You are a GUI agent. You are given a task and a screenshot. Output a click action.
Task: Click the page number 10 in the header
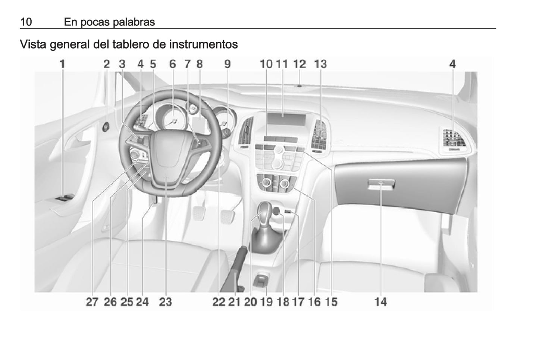coord(26,22)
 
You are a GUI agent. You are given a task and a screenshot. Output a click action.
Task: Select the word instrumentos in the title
coord(204,44)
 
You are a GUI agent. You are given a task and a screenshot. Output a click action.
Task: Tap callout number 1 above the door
coord(62,64)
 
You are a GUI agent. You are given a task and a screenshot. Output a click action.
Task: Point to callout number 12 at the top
coord(300,64)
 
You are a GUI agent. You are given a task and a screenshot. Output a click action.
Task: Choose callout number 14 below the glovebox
coord(381,302)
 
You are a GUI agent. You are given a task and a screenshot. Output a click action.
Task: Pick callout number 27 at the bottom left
coord(92,302)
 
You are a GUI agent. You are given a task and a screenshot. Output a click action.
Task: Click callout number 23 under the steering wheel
coord(166,302)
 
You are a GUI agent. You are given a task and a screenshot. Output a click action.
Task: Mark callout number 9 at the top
coord(228,64)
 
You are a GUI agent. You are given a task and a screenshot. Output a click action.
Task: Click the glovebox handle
coord(381,184)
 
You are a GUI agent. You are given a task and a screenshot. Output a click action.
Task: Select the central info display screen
coord(286,120)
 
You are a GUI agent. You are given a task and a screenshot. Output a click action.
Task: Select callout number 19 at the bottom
coord(266,302)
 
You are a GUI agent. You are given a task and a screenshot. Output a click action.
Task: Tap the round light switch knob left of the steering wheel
coord(106,127)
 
